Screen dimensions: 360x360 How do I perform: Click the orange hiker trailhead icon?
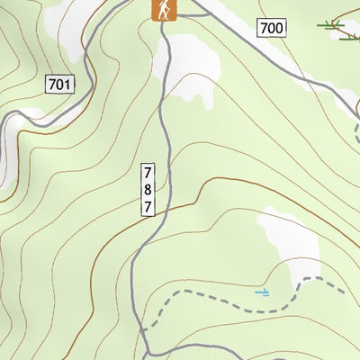[x=164, y=9]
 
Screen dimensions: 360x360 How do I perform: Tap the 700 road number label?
[x=271, y=28]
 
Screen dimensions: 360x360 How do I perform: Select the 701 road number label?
[x=58, y=85]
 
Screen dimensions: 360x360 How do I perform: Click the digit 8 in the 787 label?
[x=148, y=189]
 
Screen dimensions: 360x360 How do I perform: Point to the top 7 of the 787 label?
[x=148, y=172]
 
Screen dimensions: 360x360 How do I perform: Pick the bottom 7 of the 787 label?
[x=148, y=206]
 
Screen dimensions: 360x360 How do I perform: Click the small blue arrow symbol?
[x=262, y=292]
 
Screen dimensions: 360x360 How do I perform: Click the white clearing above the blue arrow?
[x=292, y=243]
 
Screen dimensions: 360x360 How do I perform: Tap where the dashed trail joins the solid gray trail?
[x=143, y=331]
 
